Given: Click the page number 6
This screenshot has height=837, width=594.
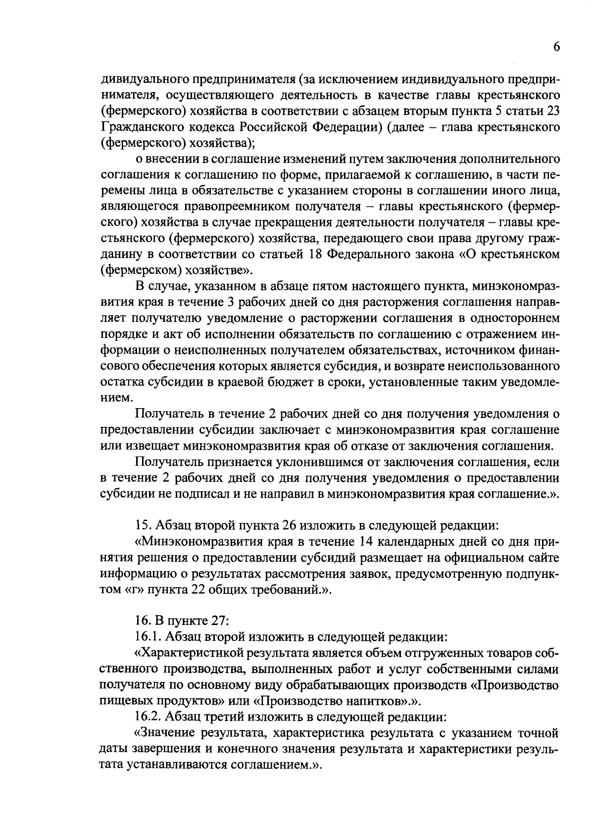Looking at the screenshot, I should pyautogui.click(x=556, y=47).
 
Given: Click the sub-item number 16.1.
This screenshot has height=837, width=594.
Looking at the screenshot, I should pyautogui.click(x=148, y=637).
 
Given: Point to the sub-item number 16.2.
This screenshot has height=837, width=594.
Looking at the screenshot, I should pyautogui.click(x=148, y=717).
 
